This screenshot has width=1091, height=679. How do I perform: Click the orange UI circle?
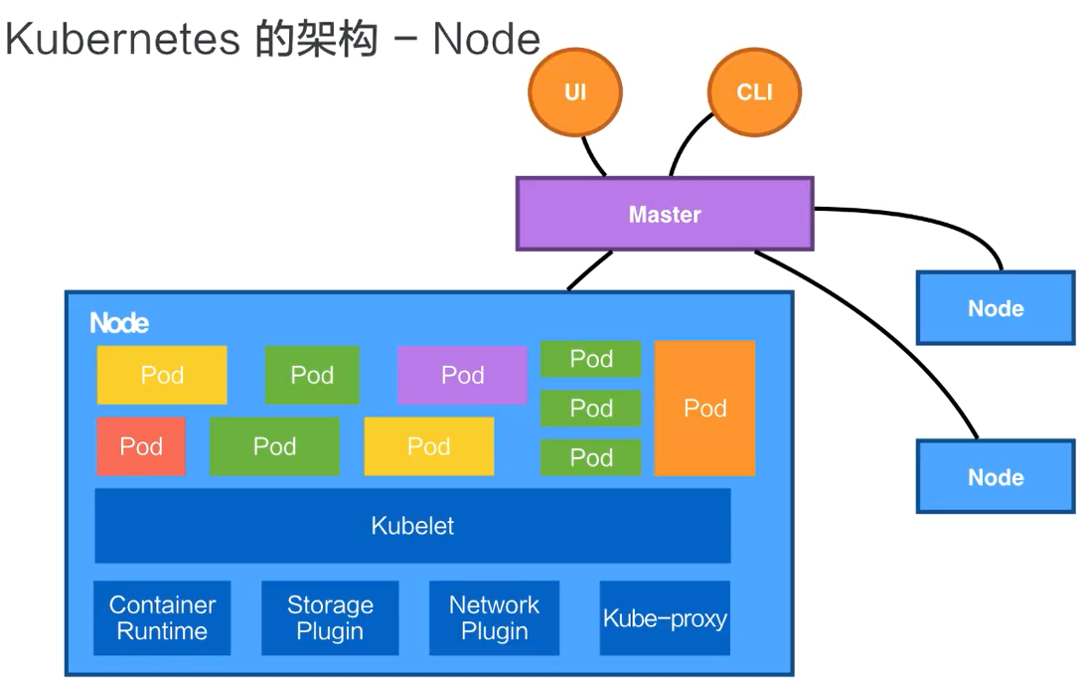click(x=575, y=92)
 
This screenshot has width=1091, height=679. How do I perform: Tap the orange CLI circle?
click(x=754, y=92)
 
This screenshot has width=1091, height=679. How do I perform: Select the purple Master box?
click(x=665, y=214)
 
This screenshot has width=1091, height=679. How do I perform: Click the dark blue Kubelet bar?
click(x=412, y=525)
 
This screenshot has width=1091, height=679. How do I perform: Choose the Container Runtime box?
click(x=162, y=617)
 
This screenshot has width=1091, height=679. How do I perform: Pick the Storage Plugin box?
click(x=330, y=617)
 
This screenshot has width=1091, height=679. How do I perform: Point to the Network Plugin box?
click(x=494, y=617)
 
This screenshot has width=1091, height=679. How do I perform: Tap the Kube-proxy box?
click(x=665, y=617)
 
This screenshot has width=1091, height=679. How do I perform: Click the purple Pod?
click(x=462, y=375)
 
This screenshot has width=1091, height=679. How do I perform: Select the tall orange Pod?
click(x=704, y=408)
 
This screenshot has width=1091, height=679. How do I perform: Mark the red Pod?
click(x=141, y=446)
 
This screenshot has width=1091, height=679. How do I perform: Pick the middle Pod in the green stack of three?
click(x=591, y=408)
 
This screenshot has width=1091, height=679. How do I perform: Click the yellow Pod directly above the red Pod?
click(x=162, y=375)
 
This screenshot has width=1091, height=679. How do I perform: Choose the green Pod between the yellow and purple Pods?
click(x=312, y=375)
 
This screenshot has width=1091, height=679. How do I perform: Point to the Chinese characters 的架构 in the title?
click(x=317, y=39)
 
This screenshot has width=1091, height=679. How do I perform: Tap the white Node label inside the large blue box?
click(x=119, y=323)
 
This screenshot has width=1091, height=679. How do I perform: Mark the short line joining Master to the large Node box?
click(x=590, y=270)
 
